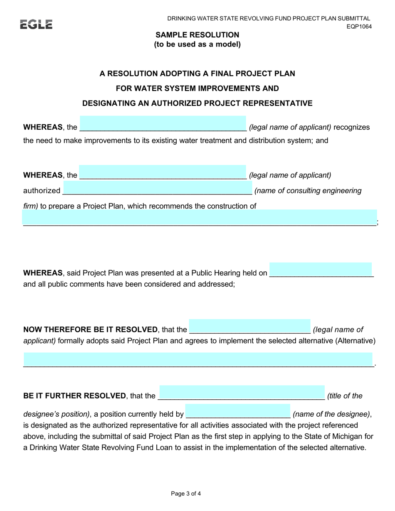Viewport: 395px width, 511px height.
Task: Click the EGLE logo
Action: (36, 25)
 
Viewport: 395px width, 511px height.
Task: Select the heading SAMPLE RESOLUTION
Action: (197, 35)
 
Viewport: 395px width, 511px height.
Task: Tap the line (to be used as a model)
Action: (197, 44)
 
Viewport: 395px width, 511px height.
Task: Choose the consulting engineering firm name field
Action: (158, 188)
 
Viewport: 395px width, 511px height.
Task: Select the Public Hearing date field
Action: (321, 270)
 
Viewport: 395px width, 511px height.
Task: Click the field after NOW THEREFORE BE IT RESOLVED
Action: (249, 327)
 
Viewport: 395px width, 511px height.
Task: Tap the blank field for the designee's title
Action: (242, 393)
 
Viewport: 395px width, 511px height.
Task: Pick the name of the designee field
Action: (237, 411)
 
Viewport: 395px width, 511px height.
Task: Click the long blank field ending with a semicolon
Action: (200, 218)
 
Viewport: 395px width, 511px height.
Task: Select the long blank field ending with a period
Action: (198, 360)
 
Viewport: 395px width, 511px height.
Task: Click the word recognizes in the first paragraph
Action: (351, 127)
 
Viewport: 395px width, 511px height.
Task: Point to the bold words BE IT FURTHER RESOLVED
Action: (74, 396)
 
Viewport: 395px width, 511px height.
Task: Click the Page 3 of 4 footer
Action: (186, 494)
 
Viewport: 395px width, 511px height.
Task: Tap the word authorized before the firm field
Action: (42, 191)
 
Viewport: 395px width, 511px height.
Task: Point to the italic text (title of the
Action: (345, 396)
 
